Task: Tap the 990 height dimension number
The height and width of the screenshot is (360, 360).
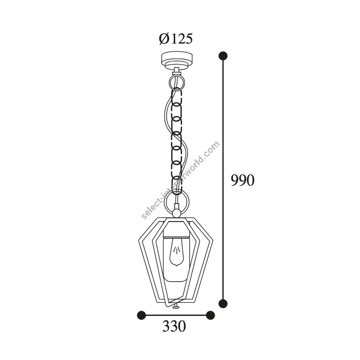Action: coord(242,180)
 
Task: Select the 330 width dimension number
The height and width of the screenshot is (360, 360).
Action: coord(174,326)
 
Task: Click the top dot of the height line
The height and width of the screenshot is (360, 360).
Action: coord(223,56)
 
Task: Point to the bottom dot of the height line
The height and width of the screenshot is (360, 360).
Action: coord(223,304)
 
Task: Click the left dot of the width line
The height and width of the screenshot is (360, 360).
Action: coord(142,315)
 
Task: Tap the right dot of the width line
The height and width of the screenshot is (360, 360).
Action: coord(210,315)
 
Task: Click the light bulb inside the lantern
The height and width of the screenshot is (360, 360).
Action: coord(176,252)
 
